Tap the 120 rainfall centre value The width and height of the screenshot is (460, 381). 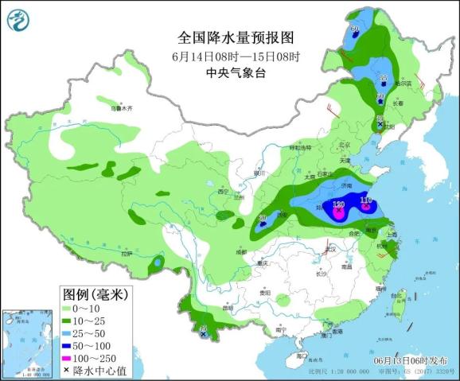338,205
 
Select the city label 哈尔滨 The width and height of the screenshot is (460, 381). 403,83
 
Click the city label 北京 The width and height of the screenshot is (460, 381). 344,145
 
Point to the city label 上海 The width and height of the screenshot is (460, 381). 394,235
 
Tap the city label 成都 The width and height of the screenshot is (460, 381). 241,251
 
